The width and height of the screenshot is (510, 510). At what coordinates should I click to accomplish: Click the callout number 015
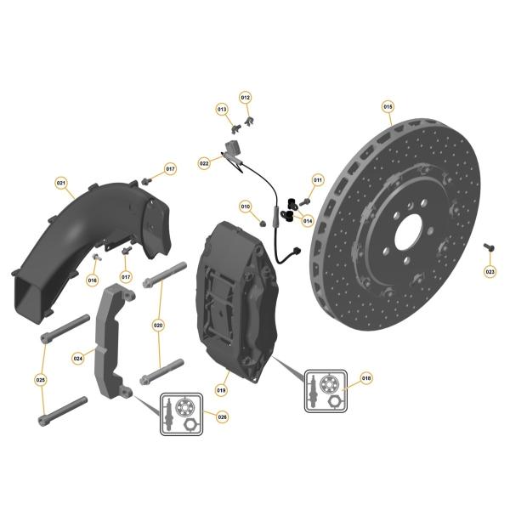[x=388, y=107]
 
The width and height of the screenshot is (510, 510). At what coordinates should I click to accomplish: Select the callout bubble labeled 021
[x=61, y=183]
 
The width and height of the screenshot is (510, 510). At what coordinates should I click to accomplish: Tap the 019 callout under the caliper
[x=221, y=390]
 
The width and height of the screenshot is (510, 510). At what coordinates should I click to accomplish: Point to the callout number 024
[x=78, y=359]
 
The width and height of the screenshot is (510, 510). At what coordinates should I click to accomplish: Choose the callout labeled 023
[x=490, y=272]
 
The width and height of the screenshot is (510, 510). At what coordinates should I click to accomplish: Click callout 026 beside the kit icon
[x=222, y=417]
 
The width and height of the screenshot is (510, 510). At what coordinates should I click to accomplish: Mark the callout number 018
[x=366, y=378]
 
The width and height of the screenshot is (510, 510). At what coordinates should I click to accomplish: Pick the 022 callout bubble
[x=204, y=163]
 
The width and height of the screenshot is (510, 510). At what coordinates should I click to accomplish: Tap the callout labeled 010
[x=246, y=207]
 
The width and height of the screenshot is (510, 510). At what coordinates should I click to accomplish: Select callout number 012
[x=246, y=98]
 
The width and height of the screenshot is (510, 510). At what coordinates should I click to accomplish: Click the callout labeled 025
[x=41, y=380]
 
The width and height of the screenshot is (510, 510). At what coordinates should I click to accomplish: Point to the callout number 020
[x=158, y=325]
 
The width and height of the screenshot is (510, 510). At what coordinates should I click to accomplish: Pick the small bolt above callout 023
[x=489, y=246]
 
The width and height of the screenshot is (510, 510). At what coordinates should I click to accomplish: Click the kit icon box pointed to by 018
[x=326, y=391]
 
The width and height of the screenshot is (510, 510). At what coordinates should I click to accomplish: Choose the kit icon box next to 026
[x=181, y=414]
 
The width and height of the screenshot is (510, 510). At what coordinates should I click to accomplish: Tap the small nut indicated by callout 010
[x=263, y=223]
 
